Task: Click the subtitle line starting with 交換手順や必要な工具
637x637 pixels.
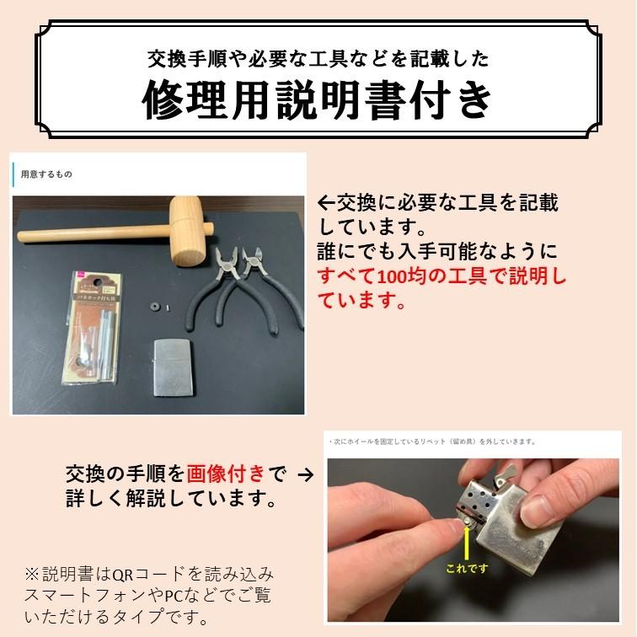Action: coord(318,60)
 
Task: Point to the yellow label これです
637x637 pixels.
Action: coord(467,568)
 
